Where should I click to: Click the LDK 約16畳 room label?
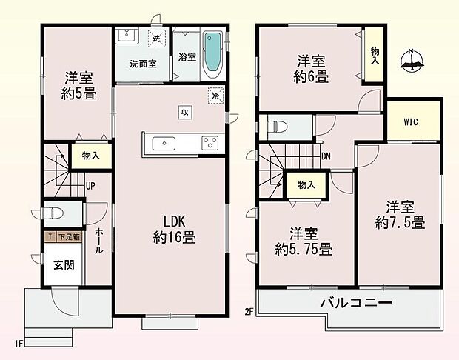(174, 229)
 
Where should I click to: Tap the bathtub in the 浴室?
(212, 52)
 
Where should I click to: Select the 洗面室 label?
(142, 63)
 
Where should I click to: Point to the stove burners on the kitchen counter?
(210, 143)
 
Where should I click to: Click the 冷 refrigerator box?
(215, 96)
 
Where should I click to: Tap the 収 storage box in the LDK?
(183, 112)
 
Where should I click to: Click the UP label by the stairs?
(89, 186)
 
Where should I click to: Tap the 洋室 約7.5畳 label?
(400, 213)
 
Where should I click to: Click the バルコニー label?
(355, 302)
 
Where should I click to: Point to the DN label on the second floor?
(326, 156)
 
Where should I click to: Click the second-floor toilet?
(278, 125)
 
